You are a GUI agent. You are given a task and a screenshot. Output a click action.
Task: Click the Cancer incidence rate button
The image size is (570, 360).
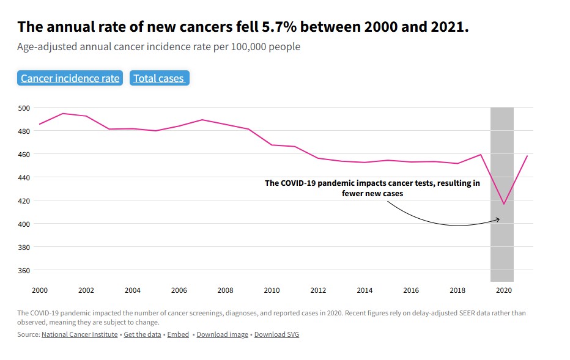(70, 78)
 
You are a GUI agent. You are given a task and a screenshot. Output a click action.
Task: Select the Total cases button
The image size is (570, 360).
(159, 78)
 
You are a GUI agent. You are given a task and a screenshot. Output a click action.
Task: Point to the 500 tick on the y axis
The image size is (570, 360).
(24, 108)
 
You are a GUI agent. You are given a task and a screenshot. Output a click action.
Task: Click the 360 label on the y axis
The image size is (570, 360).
(24, 270)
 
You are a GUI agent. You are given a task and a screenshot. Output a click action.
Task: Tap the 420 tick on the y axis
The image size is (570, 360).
(24, 200)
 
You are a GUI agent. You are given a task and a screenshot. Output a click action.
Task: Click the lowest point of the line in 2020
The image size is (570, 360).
(504, 204)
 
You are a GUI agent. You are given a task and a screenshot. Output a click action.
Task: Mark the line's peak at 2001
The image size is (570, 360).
(62, 114)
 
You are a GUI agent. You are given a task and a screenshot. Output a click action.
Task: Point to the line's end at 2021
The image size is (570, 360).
(527, 156)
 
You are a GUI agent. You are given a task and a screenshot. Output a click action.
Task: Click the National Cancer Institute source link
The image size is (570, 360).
(81, 334)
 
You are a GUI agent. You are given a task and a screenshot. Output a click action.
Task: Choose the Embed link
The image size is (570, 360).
(178, 334)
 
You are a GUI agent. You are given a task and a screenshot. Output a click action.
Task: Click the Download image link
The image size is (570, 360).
(223, 334)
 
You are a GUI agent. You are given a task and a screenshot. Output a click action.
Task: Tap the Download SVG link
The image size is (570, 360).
(276, 334)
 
